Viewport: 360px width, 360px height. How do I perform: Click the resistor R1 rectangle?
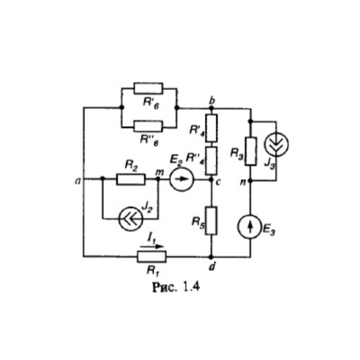pyautogui.click(x=151, y=256)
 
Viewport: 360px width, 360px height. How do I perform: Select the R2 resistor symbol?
pyautogui.click(x=131, y=179)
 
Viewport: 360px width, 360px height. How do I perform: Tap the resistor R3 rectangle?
pyautogui.click(x=251, y=151)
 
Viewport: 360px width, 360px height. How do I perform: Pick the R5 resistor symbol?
pyautogui.click(x=211, y=220)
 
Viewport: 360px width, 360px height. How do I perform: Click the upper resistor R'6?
pyautogui.click(x=148, y=88)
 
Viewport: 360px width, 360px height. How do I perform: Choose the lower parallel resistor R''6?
pyautogui.click(x=148, y=126)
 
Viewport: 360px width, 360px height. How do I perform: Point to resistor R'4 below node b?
pyautogui.click(x=211, y=128)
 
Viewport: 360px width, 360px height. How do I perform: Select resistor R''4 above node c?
pyautogui.click(x=211, y=161)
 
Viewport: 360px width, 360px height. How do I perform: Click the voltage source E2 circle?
pyautogui.click(x=182, y=179)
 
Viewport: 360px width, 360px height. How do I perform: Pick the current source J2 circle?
pyautogui.click(x=130, y=219)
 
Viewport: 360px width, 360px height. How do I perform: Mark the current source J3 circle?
pyautogui.click(x=276, y=144)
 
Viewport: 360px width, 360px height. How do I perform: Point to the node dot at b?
pyautogui.click(x=211, y=108)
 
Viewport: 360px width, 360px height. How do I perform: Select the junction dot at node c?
pyautogui.click(x=211, y=180)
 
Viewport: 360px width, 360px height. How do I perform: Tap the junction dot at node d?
pyautogui.click(x=211, y=256)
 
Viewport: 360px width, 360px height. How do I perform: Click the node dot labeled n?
pyautogui.click(x=251, y=181)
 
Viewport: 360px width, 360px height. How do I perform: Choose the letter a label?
pyautogui.click(x=78, y=180)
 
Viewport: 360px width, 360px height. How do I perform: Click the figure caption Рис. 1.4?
pyautogui.click(x=175, y=287)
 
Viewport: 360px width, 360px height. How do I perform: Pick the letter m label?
pyautogui.click(x=157, y=173)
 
